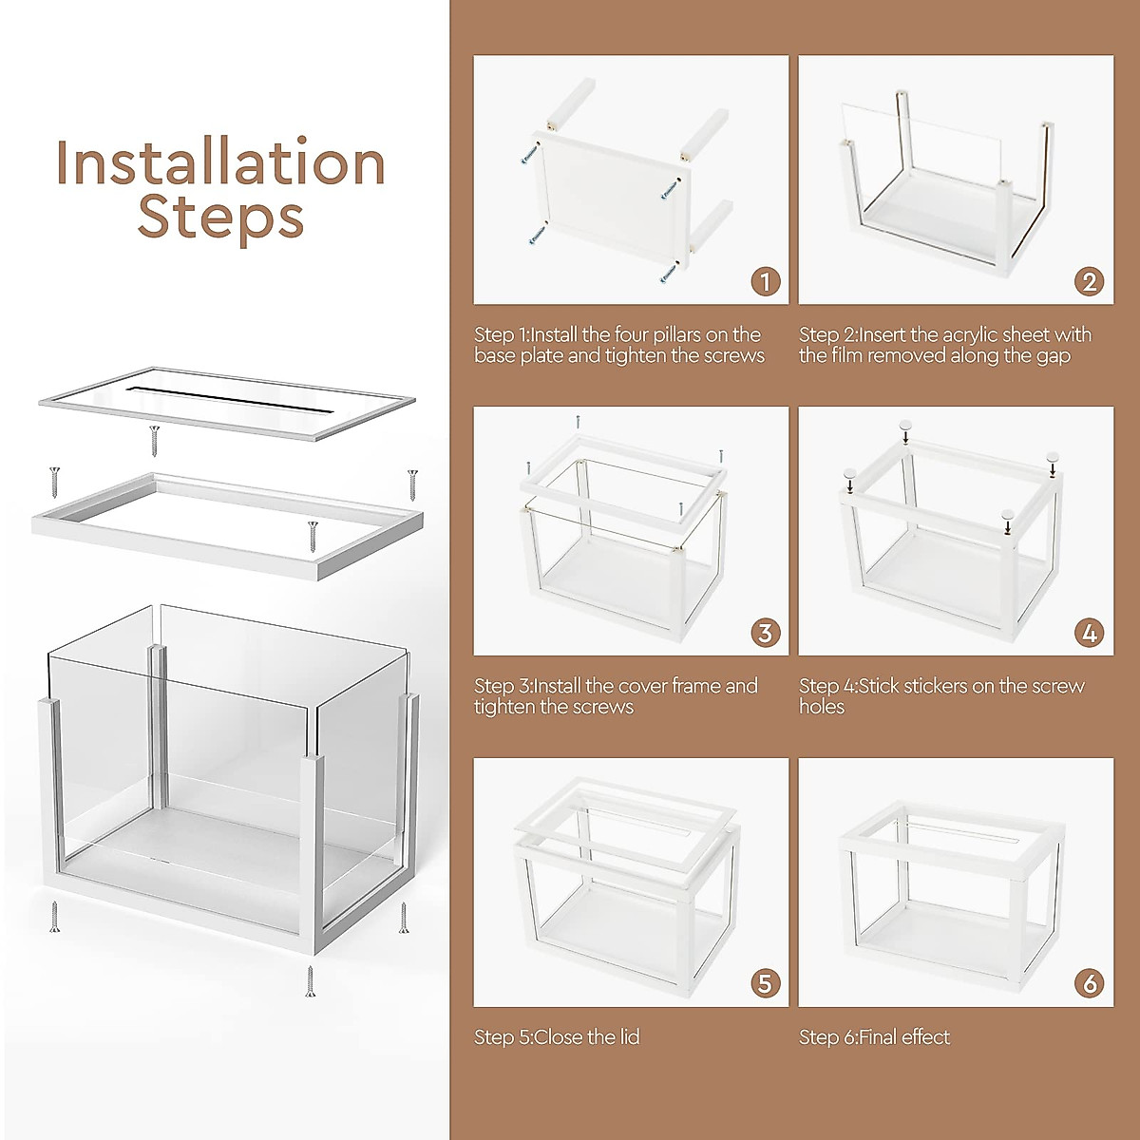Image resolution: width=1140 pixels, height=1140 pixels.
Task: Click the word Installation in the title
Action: [220, 163]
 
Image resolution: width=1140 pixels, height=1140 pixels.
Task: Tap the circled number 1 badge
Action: [765, 282]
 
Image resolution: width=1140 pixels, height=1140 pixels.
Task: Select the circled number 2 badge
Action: [1089, 282]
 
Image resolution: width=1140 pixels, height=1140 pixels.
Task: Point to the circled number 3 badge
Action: [765, 634]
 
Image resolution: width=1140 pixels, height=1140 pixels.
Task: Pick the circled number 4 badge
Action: [1089, 634]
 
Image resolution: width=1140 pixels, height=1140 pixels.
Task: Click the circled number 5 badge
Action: [765, 984]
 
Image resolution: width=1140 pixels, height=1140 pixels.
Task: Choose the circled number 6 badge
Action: [1089, 984]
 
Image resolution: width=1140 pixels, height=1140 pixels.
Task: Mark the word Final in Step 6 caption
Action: [879, 1037]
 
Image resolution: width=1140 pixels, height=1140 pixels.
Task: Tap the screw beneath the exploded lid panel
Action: [155, 440]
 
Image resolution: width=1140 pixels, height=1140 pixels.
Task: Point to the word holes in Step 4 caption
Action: [822, 707]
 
